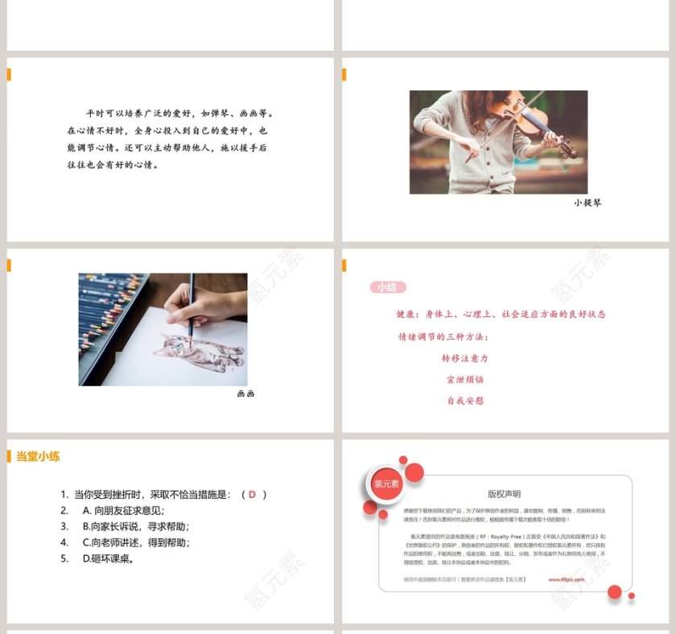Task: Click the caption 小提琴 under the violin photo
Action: pos(587,203)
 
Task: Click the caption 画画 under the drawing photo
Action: pos(245,394)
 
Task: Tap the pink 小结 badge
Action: pos(388,287)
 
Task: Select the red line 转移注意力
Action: pos(465,358)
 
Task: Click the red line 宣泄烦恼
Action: pos(465,379)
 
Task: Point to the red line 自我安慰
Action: pos(465,400)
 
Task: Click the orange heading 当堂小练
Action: pos(38,456)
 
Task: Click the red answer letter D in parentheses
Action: pos(252,494)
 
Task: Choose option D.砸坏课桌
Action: pos(108,558)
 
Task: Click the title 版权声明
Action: pos(504,494)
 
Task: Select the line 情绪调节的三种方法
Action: pos(443,336)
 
